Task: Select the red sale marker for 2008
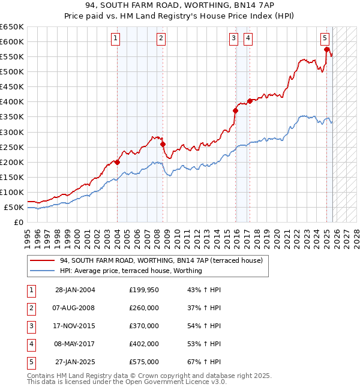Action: (x=163, y=144)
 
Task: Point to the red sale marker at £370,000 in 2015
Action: (x=235, y=110)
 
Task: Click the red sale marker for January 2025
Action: (x=326, y=49)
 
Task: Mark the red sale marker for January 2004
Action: (x=117, y=162)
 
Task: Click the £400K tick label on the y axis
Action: (x=12, y=101)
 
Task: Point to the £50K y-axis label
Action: (x=14, y=207)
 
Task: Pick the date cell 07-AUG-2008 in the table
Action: (x=74, y=308)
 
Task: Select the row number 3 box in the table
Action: (x=31, y=326)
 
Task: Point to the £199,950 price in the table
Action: (x=144, y=290)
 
